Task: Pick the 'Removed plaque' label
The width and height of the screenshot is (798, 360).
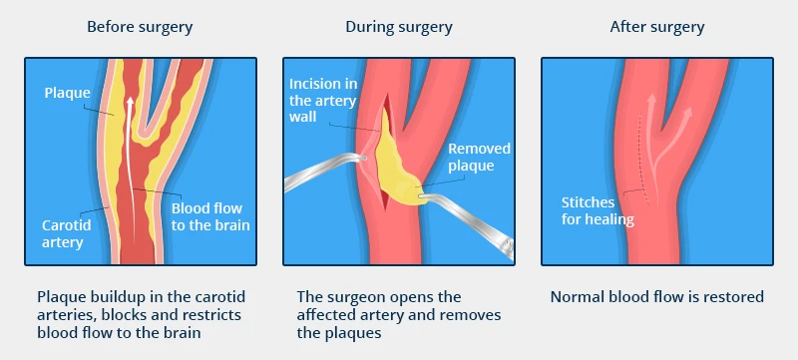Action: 479,157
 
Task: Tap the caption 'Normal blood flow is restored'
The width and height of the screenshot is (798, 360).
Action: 656,296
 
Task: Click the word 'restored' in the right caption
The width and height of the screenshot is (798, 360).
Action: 733,296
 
